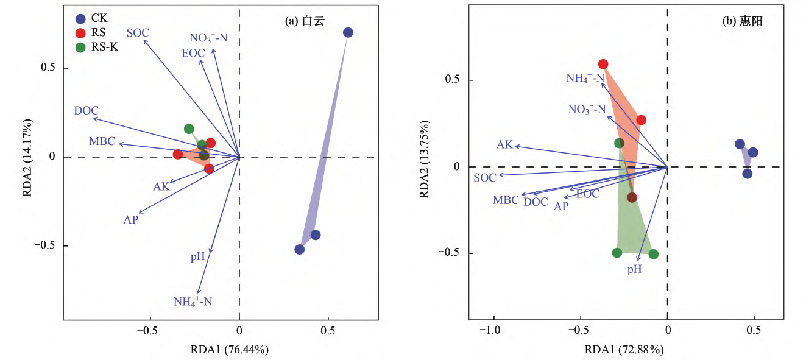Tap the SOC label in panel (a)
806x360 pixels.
coord(138,32)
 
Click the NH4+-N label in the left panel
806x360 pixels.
coord(193,301)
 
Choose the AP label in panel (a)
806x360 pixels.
coord(131,220)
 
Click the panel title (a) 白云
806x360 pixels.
coord(305,21)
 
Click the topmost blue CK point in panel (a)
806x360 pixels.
coord(348,32)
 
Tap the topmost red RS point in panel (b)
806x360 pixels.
coord(603,64)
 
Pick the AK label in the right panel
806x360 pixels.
coord(504,144)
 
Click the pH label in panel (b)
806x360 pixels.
coord(635,269)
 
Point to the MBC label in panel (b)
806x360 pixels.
coord(506,200)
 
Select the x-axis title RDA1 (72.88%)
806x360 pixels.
coord(624,350)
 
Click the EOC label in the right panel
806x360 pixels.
coord(587,194)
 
